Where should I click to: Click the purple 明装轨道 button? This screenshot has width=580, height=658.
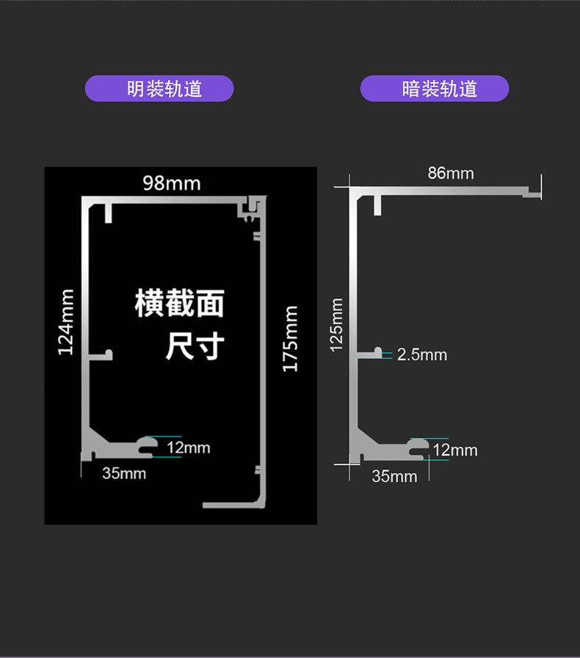pos(159,89)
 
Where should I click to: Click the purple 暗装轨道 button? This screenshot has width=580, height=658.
pos(435,89)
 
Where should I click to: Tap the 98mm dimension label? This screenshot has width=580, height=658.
pos(172,183)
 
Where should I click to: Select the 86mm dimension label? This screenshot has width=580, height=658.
pos(451,174)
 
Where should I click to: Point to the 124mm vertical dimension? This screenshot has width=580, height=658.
pos(66,322)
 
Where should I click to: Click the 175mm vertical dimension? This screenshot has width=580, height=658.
pos(291,338)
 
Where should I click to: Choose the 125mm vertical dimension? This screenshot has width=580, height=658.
pos(336,324)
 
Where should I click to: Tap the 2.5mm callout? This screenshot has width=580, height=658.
pos(422,355)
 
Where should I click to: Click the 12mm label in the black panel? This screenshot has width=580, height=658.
pos(188,447)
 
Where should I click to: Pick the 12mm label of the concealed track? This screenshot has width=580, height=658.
pos(455,450)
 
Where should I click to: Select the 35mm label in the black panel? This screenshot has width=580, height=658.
pos(124,473)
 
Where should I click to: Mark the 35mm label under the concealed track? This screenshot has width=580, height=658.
pos(394,476)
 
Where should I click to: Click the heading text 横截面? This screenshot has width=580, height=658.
pos(179,303)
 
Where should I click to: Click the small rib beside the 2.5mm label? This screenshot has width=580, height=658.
pos(377,351)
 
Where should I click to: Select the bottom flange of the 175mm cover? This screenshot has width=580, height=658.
pos(231,505)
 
